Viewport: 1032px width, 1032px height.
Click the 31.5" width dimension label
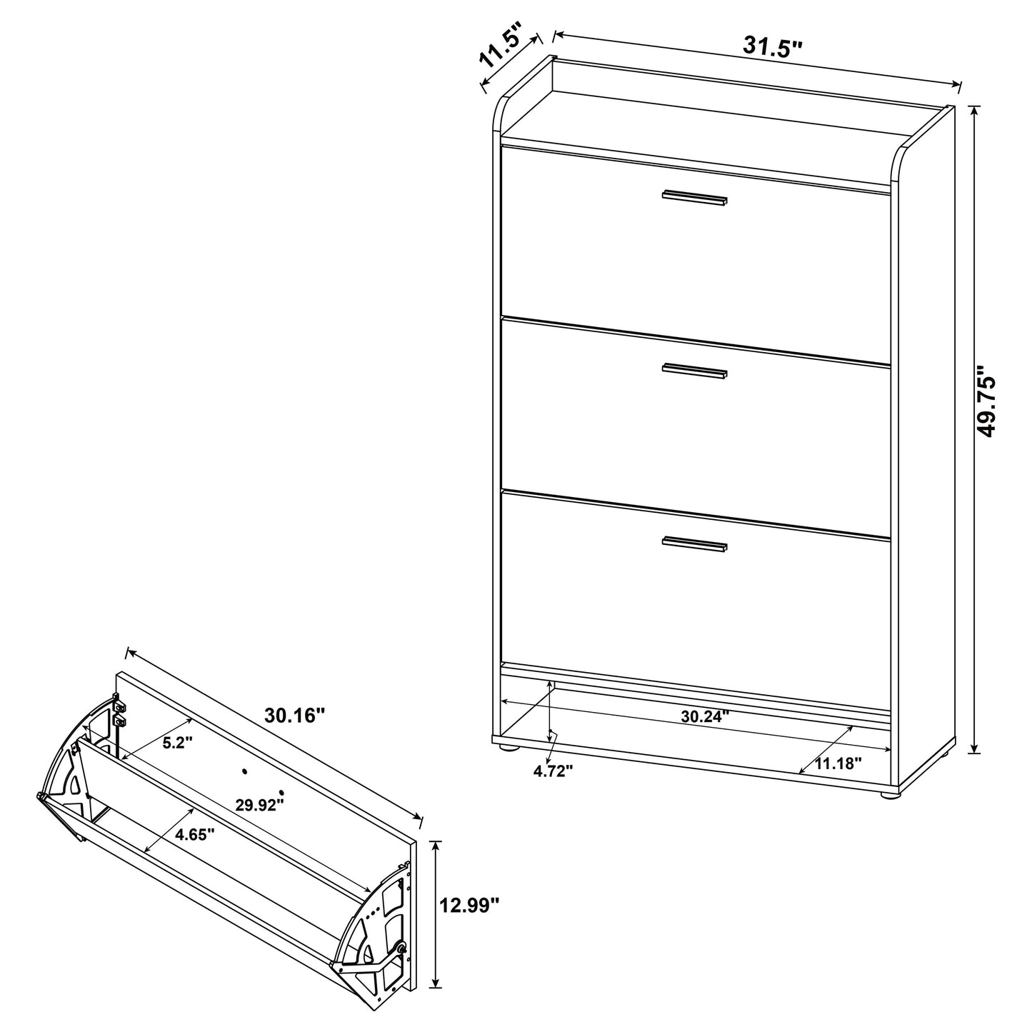click(x=773, y=47)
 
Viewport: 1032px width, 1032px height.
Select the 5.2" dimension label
click(x=178, y=743)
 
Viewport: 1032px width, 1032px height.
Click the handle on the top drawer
click(x=694, y=198)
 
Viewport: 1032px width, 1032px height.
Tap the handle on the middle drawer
click(x=694, y=371)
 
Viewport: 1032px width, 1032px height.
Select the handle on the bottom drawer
click(x=694, y=543)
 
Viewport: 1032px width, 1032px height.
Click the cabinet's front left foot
click(x=508, y=747)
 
